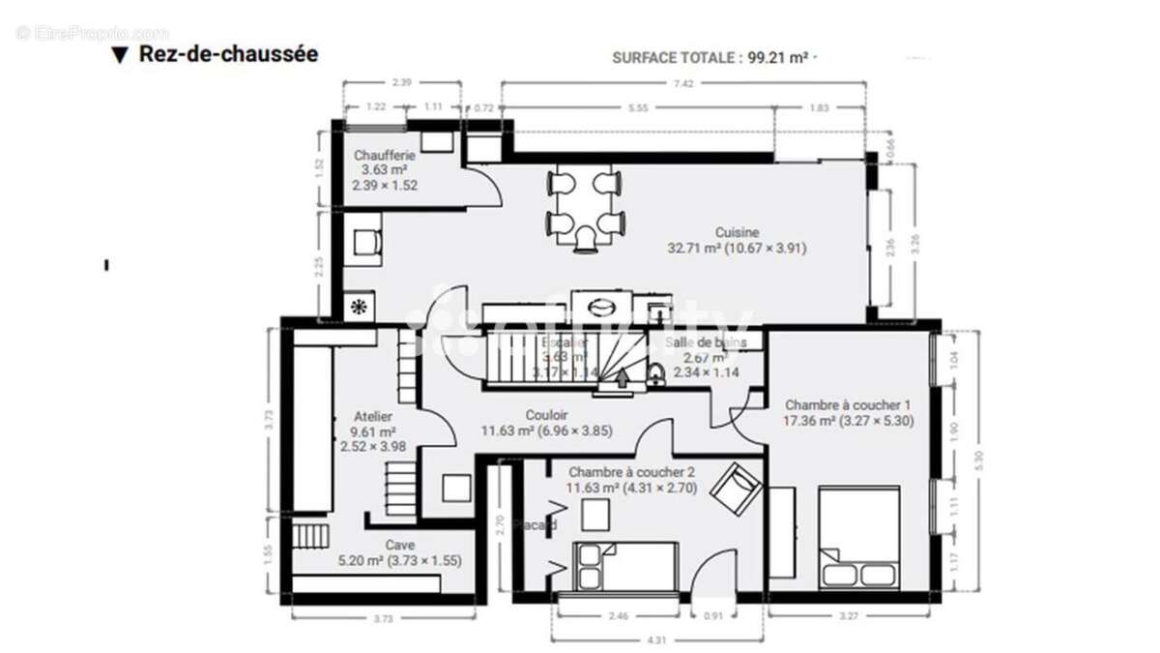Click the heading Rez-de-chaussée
coord(228,53)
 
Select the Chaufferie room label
coord(385,155)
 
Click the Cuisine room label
coord(737,232)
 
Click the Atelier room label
coord(373,416)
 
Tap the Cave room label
coord(399,545)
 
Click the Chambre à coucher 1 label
coord(848,404)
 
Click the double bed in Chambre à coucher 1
coord(858,538)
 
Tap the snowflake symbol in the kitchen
coord(358,308)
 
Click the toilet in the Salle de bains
coord(655,375)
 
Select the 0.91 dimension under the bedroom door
coord(712,615)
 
